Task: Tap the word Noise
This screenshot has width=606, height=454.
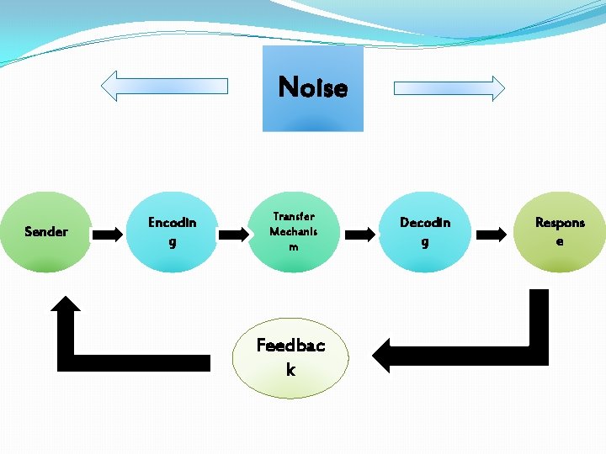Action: click(x=312, y=87)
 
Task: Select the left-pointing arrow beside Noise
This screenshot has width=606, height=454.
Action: click(x=165, y=85)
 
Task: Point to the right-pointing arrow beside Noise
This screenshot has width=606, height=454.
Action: click(x=449, y=87)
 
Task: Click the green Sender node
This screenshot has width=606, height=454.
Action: click(x=46, y=231)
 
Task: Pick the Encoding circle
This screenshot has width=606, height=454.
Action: click(x=173, y=231)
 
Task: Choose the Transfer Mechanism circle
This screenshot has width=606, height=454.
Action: click(x=294, y=231)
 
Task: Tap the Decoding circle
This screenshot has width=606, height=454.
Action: click(x=425, y=231)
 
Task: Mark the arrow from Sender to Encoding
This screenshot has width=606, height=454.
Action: click(x=107, y=234)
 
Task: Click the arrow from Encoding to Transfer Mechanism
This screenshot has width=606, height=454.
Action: click(x=233, y=234)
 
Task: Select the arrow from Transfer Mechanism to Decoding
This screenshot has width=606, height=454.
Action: click(x=359, y=234)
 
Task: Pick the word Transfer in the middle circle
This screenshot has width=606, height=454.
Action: click(x=294, y=216)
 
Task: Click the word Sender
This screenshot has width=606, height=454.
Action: click(x=46, y=231)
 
